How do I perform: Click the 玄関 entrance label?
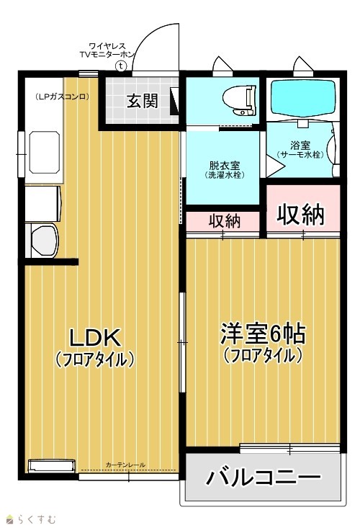[x=142, y=101]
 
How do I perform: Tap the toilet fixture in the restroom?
[x=240, y=99]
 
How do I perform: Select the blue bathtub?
[x=303, y=98]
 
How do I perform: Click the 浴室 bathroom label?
[x=300, y=146]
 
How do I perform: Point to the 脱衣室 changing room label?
[x=224, y=166]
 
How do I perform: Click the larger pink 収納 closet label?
[x=300, y=214]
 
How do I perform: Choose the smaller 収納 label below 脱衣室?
[x=225, y=221]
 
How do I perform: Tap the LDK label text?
[x=94, y=338]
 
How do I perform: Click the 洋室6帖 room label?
[x=263, y=334]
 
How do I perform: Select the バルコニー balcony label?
[x=263, y=477]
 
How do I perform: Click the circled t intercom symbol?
[x=120, y=66]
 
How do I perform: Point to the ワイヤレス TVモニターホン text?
[x=107, y=50]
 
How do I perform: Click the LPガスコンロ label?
[x=62, y=97]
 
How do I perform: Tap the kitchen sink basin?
[x=44, y=152]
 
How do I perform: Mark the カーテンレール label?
[x=125, y=465]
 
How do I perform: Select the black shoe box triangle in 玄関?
[x=174, y=101]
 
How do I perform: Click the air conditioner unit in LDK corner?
[x=51, y=466]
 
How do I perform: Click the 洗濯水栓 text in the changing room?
[x=225, y=175]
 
